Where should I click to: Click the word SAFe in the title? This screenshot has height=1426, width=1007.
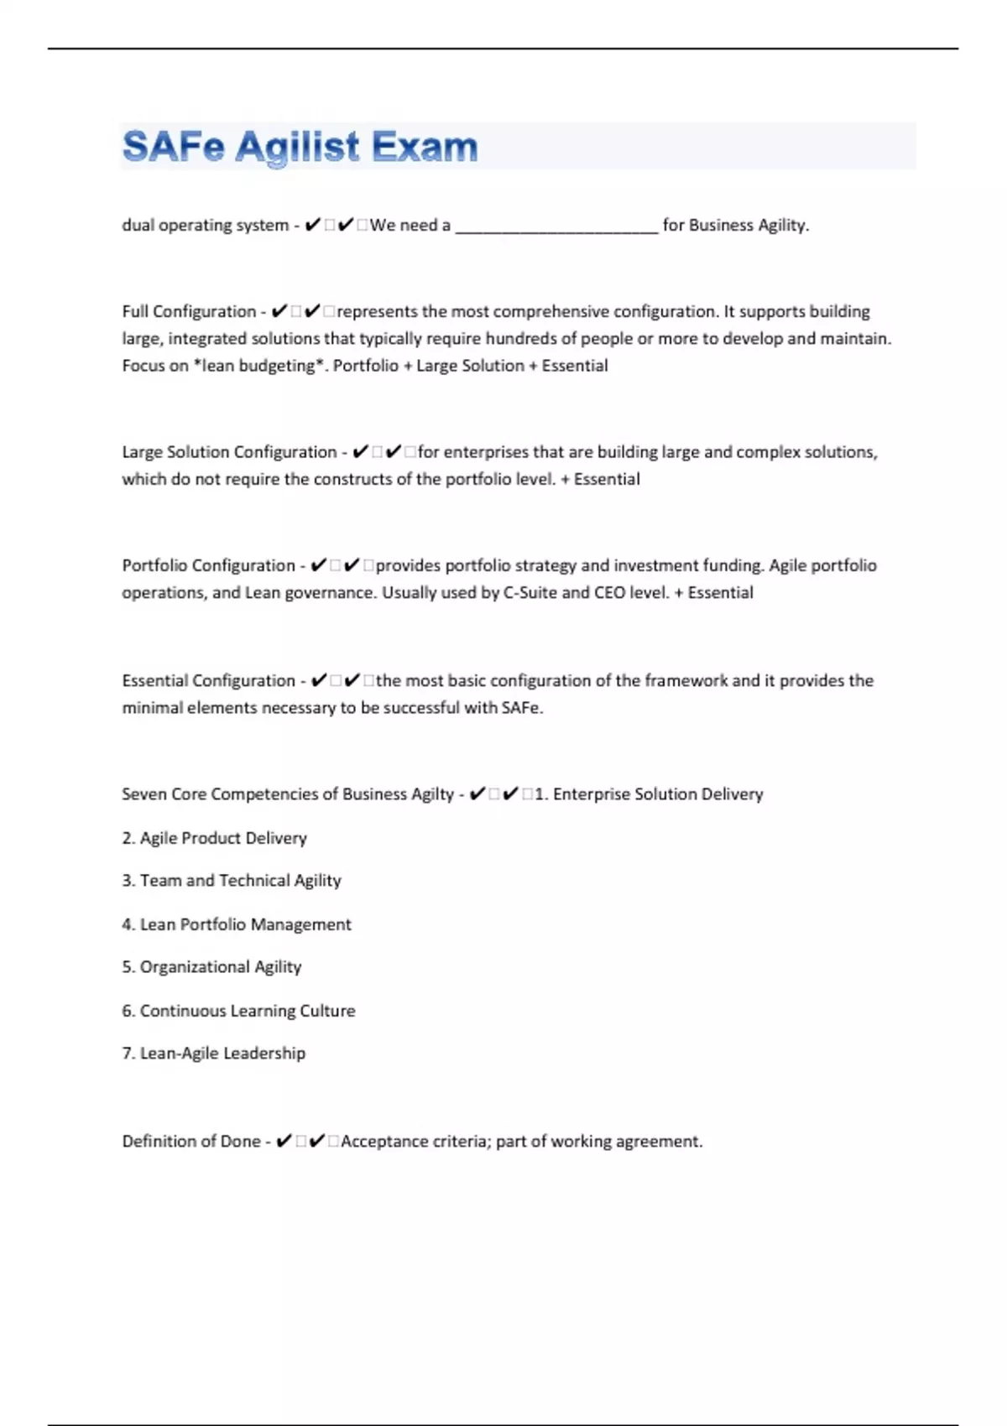[174, 147]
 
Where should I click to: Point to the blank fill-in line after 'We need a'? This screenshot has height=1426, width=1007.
[556, 226]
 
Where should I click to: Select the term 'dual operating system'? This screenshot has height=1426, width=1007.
[205, 226]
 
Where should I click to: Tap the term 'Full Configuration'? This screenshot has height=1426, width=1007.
[189, 312]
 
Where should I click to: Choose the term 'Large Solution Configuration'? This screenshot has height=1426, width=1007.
[229, 452]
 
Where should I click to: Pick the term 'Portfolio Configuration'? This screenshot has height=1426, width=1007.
[208, 565]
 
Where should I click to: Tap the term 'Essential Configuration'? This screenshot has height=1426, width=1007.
[208, 680]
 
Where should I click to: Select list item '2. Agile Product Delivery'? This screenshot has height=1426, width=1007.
[214, 838]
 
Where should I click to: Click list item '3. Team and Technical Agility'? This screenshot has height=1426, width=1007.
[232, 881]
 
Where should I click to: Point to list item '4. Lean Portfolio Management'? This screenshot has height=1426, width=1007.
[237, 924]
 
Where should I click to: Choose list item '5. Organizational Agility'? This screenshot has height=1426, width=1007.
[211, 967]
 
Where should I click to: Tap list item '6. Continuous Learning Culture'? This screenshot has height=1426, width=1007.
[238, 1011]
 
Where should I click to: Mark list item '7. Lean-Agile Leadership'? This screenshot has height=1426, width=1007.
[214, 1054]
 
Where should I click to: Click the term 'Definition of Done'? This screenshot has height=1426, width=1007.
[191, 1142]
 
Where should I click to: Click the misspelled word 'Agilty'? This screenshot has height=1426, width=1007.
[432, 794]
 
